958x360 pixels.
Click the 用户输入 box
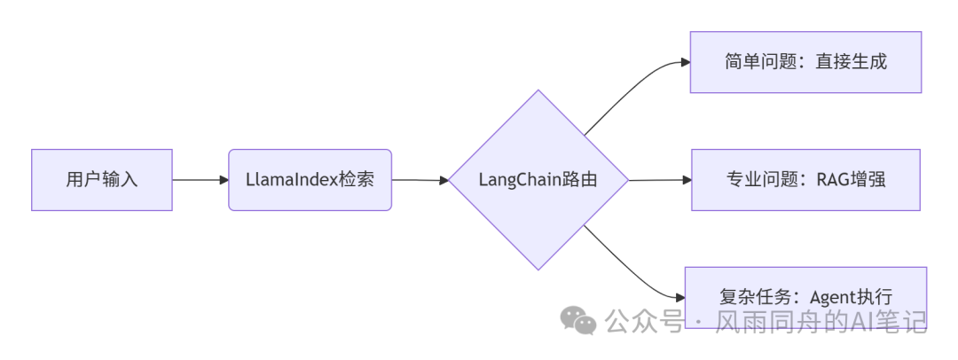coord(102,180)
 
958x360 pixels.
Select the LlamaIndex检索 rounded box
coord(310,180)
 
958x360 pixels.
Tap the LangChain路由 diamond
coord(538,180)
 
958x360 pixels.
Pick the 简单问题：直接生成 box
coord(805,62)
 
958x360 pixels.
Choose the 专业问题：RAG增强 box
coord(805,180)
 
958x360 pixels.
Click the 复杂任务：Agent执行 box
coord(805,296)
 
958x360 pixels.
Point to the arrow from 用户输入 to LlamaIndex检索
coord(200,180)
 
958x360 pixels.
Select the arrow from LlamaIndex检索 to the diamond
coord(420,180)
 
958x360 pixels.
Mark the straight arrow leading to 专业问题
coord(659,180)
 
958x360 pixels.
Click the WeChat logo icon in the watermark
coord(582,321)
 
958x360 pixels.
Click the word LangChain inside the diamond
coord(516,180)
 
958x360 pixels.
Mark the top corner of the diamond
coord(538,90)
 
